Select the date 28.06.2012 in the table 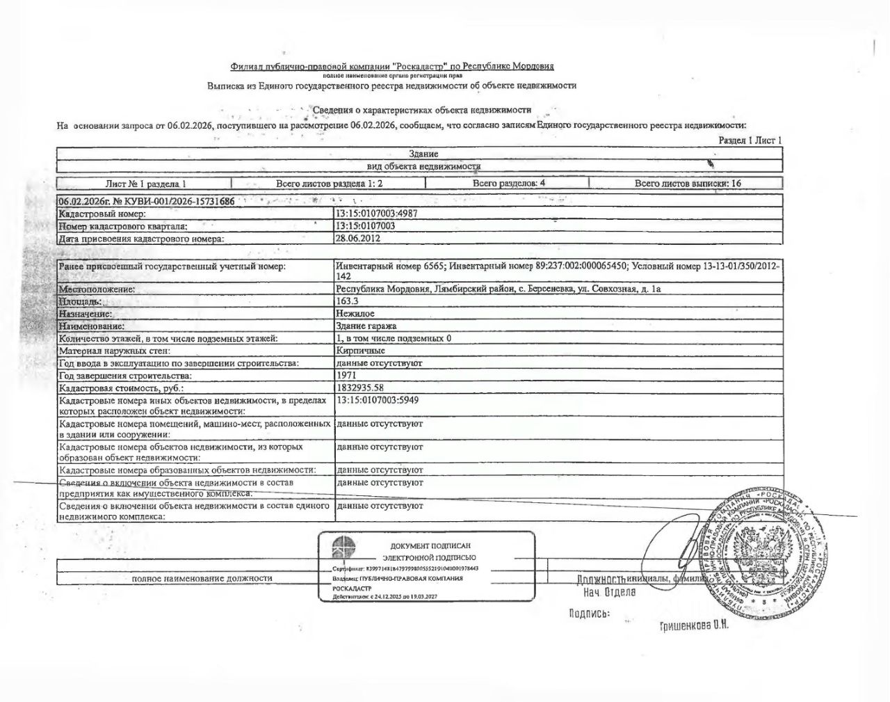(357, 238)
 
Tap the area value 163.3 (346, 301)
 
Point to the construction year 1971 (346, 375)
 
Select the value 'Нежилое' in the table (355, 314)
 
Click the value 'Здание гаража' (366, 326)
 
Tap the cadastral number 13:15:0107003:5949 (377, 400)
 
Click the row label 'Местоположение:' (97, 289)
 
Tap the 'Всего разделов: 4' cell (508, 183)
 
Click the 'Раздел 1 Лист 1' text (750, 140)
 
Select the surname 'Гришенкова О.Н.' (693, 625)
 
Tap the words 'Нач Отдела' (609, 592)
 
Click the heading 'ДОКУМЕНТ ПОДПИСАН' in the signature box (430, 546)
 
